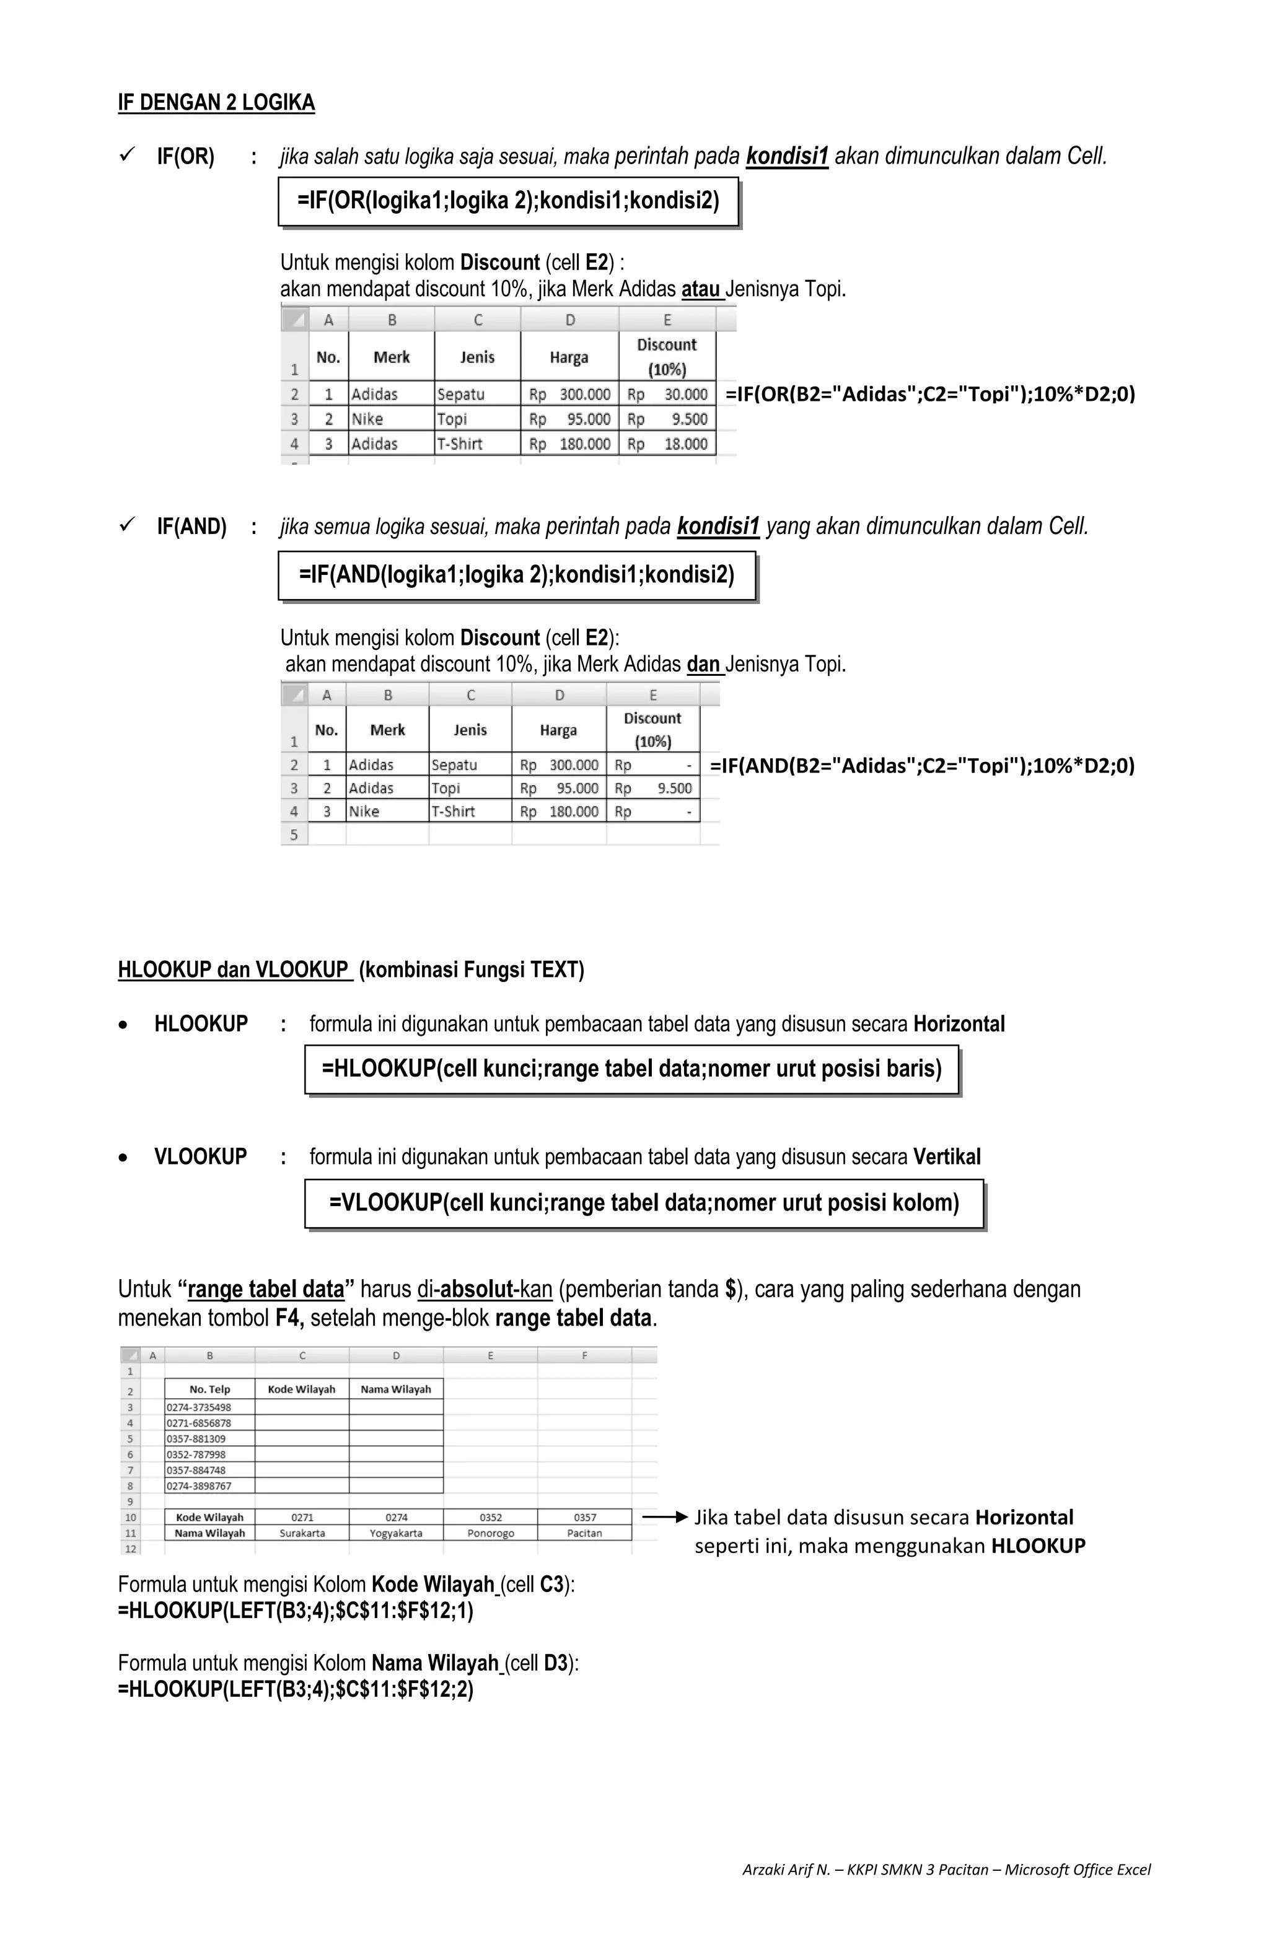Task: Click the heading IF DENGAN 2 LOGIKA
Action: point(216,102)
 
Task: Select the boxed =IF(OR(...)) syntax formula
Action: point(508,201)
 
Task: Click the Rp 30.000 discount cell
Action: point(667,395)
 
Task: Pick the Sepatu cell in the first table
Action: point(460,395)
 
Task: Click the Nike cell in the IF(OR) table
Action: point(367,419)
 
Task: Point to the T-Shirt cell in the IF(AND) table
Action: point(454,812)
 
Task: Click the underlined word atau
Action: point(701,289)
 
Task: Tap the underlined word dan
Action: point(704,663)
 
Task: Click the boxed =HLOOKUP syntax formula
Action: point(631,1069)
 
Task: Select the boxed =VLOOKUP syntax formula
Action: point(643,1202)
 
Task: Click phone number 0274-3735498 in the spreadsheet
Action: point(199,1407)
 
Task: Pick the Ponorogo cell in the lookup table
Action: point(490,1533)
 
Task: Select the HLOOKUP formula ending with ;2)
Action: point(296,1689)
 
